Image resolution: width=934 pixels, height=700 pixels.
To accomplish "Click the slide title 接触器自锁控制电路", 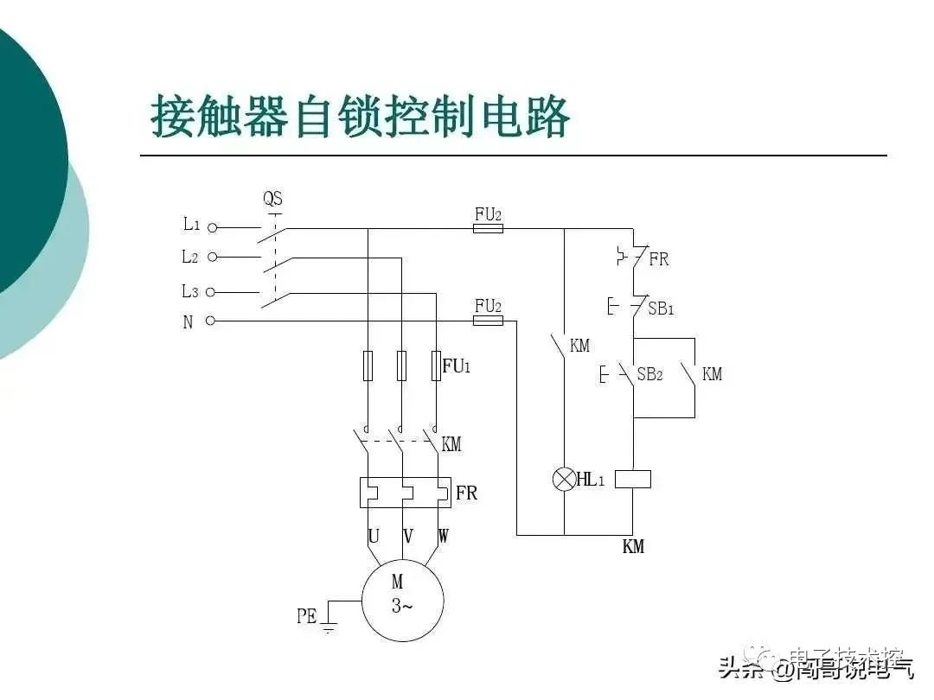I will point(360,117).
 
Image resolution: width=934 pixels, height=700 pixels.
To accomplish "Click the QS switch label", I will point(273,200).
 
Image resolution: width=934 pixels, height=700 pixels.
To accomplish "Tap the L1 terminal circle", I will point(212,228).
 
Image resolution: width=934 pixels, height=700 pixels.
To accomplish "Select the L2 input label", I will point(190,257).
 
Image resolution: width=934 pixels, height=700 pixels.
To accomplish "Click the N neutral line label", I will point(188,322).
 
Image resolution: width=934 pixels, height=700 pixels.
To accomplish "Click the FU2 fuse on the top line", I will point(489,229).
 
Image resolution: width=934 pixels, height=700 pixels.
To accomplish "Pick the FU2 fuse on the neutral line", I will point(489,321).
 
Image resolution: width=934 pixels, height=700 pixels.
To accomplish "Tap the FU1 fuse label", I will point(457,366).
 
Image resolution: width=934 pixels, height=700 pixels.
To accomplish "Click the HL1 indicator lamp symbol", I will point(564,480).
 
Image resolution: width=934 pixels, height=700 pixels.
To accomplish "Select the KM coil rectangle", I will point(632,479).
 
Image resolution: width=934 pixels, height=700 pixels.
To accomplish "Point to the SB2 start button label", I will point(649,374).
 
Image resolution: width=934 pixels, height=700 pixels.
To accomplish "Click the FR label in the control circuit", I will point(659,259).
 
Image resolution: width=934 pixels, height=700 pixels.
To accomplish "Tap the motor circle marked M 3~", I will point(402,600).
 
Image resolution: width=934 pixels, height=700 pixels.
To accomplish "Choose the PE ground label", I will point(307,616).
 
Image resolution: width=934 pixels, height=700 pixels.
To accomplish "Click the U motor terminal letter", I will point(374,537).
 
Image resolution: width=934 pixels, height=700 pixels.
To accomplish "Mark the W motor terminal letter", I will point(443,537).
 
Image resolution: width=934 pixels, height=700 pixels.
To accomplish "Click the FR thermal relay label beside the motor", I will point(466,493).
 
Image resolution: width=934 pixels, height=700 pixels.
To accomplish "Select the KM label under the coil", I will point(633,546).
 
